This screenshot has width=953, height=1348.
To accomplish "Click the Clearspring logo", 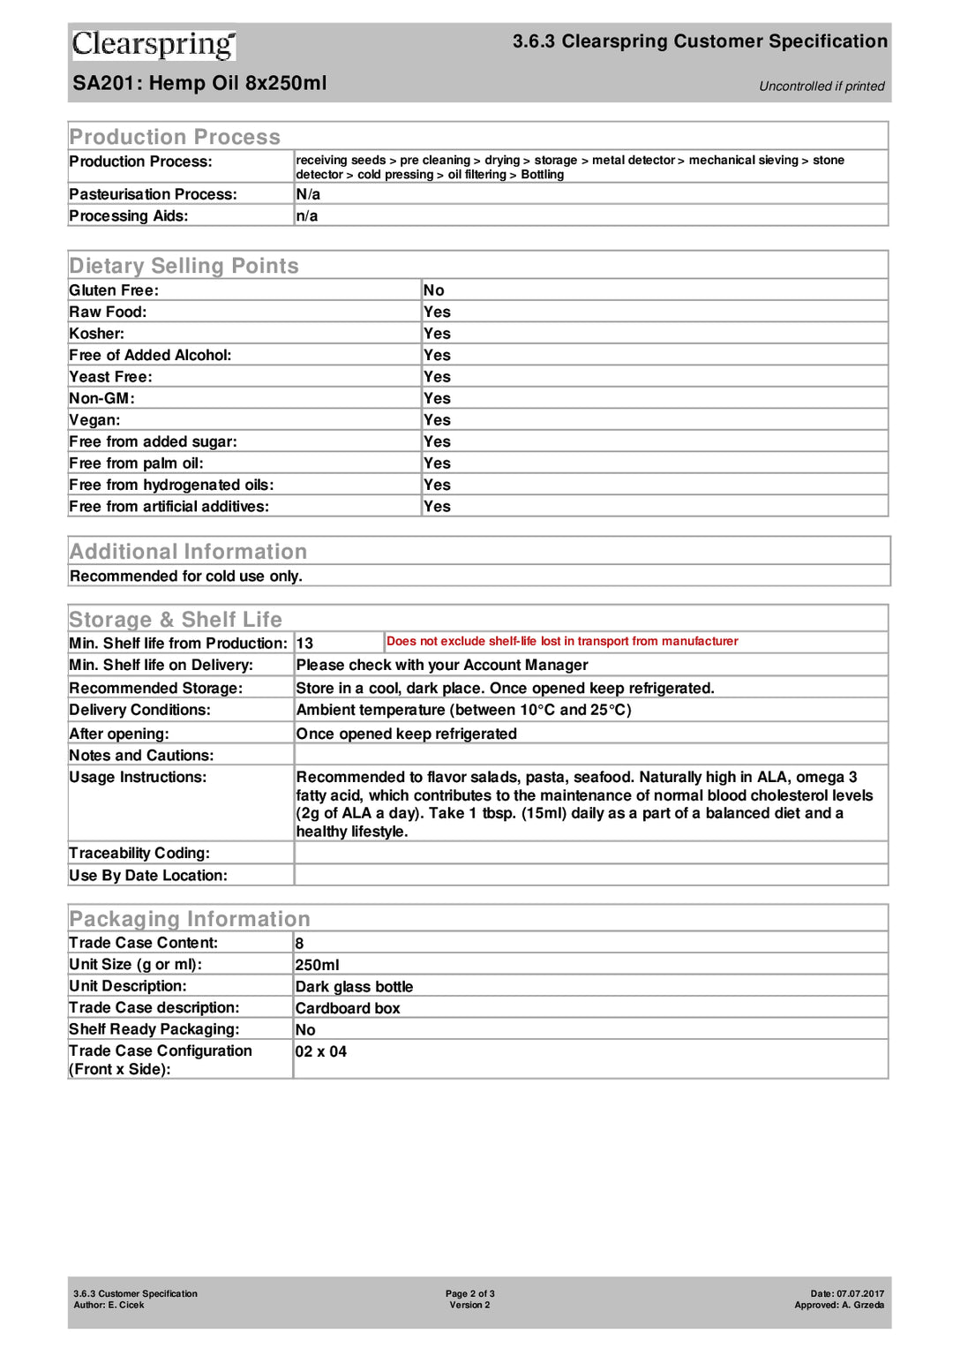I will (154, 44).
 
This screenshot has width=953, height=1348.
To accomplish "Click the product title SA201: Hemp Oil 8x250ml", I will (199, 83).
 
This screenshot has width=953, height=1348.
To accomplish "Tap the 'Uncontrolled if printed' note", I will (821, 87).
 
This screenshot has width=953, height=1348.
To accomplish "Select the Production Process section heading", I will (175, 137).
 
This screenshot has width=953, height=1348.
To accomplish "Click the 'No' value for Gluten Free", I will (433, 290).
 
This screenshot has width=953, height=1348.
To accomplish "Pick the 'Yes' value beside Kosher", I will (437, 334).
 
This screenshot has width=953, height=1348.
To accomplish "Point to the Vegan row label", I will (94, 420).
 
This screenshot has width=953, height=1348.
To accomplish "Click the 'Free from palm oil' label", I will (136, 463).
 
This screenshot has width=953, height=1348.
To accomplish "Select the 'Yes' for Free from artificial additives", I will (437, 507).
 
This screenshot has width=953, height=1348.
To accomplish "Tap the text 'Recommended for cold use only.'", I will (186, 576).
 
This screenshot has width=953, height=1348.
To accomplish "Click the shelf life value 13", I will (304, 644).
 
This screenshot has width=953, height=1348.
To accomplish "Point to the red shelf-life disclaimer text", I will (562, 642).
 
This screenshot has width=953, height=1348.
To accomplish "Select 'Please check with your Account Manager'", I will (441, 666).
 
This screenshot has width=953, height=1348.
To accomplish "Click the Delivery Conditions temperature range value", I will (463, 711).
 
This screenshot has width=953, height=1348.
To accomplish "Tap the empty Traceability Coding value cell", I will (590, 853).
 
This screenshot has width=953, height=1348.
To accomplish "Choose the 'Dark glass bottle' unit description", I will (354, 987).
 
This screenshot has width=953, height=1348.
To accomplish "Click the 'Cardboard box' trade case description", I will (348, 1008).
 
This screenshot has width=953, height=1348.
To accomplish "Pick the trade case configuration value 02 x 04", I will (321, 1051).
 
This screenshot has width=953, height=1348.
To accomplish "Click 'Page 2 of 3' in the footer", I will (469, 1293).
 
